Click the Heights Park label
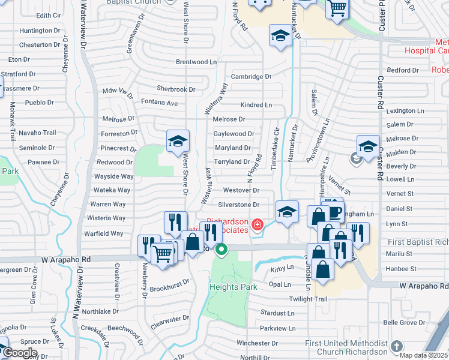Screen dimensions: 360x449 (233, 287)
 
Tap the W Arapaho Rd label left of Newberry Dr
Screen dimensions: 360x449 (65, 259)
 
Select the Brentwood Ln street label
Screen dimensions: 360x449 (196, 62)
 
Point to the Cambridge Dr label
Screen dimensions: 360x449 (252, 77)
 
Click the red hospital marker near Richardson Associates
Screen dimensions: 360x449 (258, 225)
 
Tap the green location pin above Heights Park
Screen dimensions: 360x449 (221, 250)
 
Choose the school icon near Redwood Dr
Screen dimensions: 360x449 (178, 142)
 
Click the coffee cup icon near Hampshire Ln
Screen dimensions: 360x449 (336, 212)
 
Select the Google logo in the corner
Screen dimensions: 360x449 (20, 352)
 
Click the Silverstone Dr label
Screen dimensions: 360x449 (238, 205)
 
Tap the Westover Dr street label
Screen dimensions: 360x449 (241, 190)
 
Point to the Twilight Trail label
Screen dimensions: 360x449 (308, 299)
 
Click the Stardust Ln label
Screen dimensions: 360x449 (278, 313)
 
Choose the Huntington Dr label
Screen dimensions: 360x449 (35, 31)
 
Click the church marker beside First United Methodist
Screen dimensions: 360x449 (396, 346)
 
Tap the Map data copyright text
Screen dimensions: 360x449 (424, 355)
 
